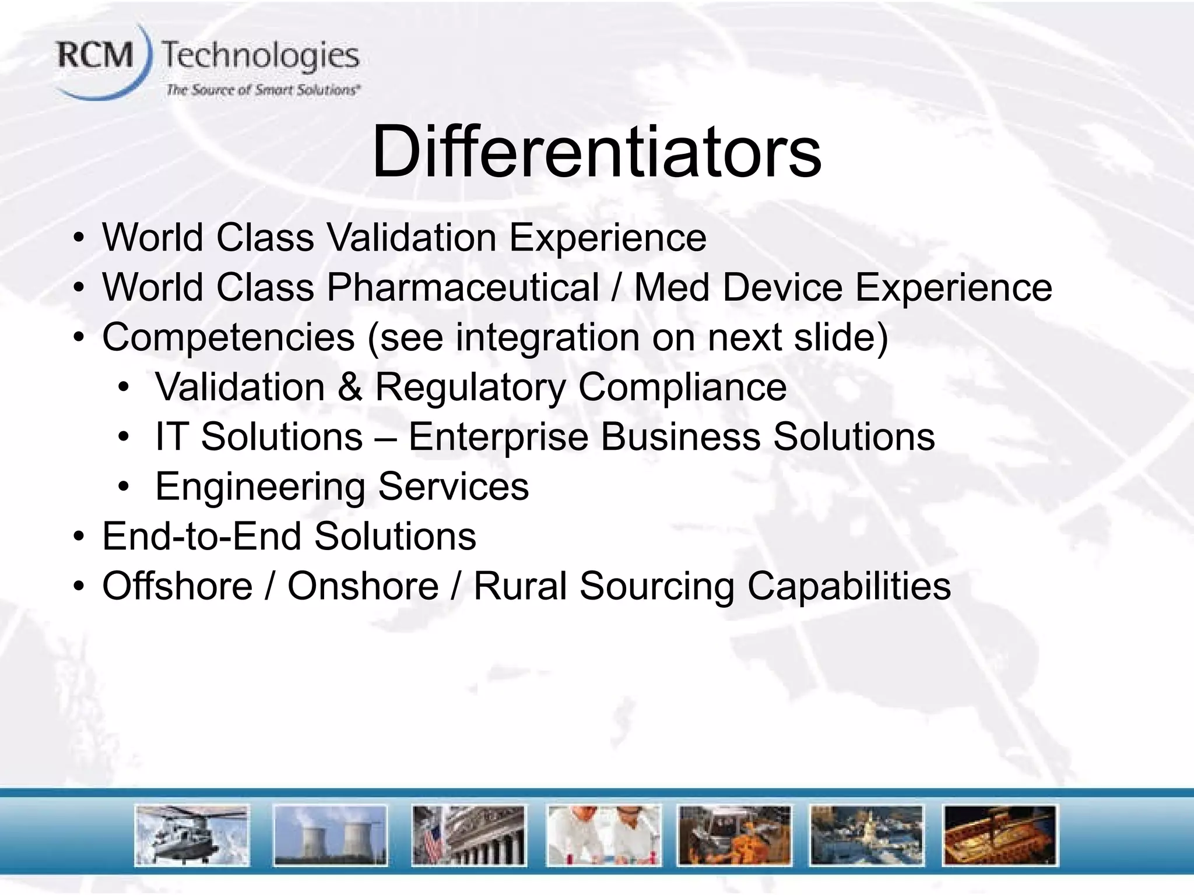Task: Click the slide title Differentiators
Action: tap(596, 153)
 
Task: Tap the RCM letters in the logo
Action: tap(96, 57)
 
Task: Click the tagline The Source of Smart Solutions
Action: tap(262, 90)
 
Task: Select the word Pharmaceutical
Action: tap(462, 287)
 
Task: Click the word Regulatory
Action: tap(470, 387)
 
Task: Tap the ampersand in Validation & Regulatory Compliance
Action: tap(349, 387)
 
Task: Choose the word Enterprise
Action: tap(498, 437)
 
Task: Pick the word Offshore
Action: tap(177, 586)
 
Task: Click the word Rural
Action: tap(520, 586)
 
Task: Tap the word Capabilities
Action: tap(849, 586)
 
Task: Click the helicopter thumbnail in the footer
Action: tap(192, 836)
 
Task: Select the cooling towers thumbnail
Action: tap(330, 836)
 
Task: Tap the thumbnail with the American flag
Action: tap(468, 836)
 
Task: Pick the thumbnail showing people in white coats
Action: tap(603, 836)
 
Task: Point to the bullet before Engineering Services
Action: tap(123, 487)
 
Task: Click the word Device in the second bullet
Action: tap(783, 287)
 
